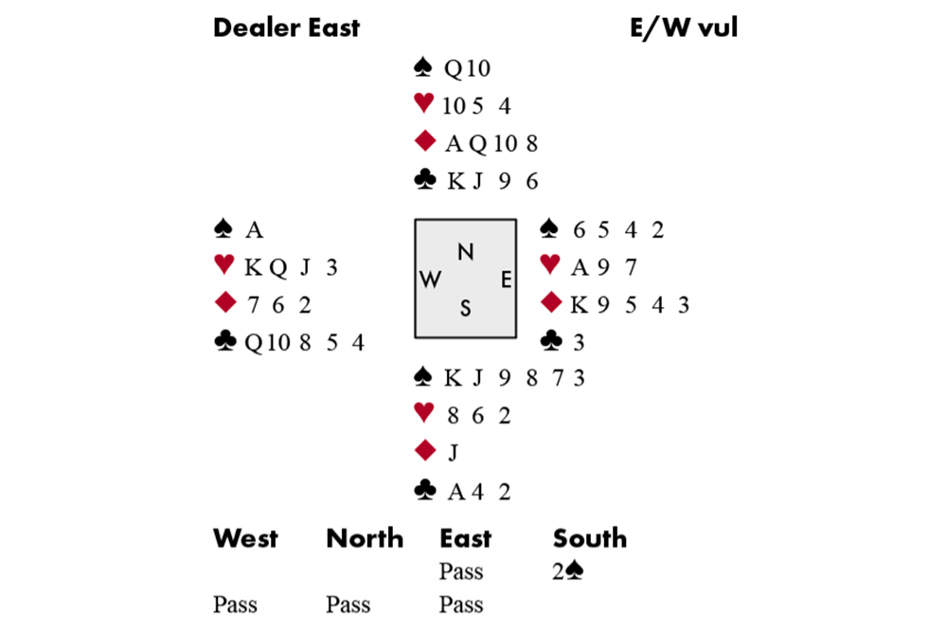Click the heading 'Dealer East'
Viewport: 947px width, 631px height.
click(x=286, y=28)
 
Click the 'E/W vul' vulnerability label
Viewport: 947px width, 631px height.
click(x=683, y=28)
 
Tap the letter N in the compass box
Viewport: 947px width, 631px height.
click(x=465, y=252)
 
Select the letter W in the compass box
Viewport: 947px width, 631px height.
click(x=430, y=279)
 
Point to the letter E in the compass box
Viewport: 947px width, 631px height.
click(x=506, y=279)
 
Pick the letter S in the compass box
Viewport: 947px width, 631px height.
click(x=465, y=308)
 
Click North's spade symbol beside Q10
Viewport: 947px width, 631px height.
click(x=423, y=67)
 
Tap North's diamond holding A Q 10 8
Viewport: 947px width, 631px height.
click(x=491, y=143)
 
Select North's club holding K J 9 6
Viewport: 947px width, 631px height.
click(x=492, y=181)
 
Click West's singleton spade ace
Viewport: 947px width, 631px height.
click(x=254, y=230)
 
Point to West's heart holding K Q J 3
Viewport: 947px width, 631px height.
click(x=290, y=268)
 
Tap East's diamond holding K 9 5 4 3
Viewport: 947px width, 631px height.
click(x=630, y=305)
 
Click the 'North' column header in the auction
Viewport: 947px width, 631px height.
click(x=365, y=539)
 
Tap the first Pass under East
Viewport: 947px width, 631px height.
click(x=461, y=572)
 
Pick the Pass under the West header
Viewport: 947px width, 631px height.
click(x=235, y=605)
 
